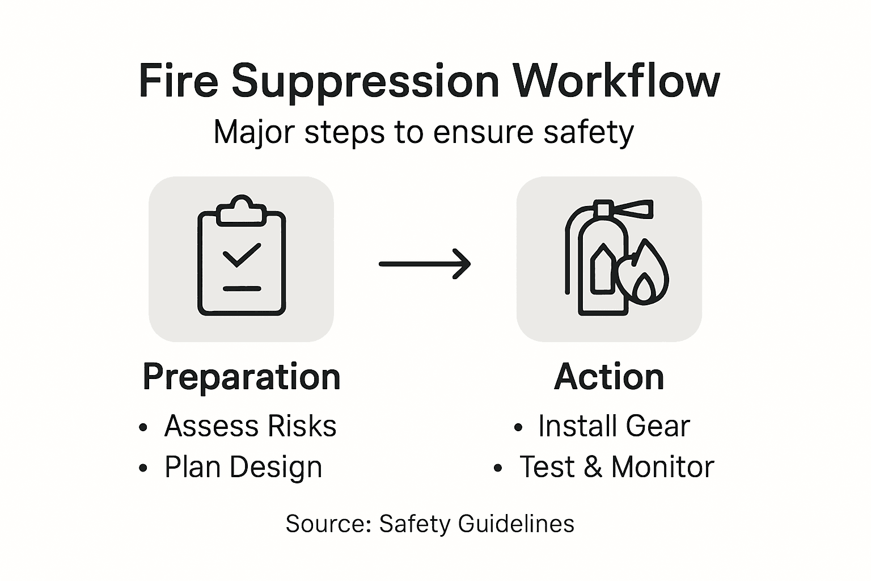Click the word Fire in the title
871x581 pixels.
point(178,81)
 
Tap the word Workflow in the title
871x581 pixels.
point(616,81)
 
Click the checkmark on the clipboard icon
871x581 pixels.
point(242,255)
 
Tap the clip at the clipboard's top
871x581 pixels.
point(242,210)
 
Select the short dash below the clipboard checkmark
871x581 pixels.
point(242,289)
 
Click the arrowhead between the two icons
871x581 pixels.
point(462,264)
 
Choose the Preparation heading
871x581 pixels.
point(242,377)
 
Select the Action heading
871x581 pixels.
point(609,377)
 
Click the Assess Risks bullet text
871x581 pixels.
point(250,426)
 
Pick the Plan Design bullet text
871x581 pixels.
point(243,468)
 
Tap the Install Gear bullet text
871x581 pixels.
point(614,426)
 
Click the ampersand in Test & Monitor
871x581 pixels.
point(593,467)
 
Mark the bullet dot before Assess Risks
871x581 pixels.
point(143,427)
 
